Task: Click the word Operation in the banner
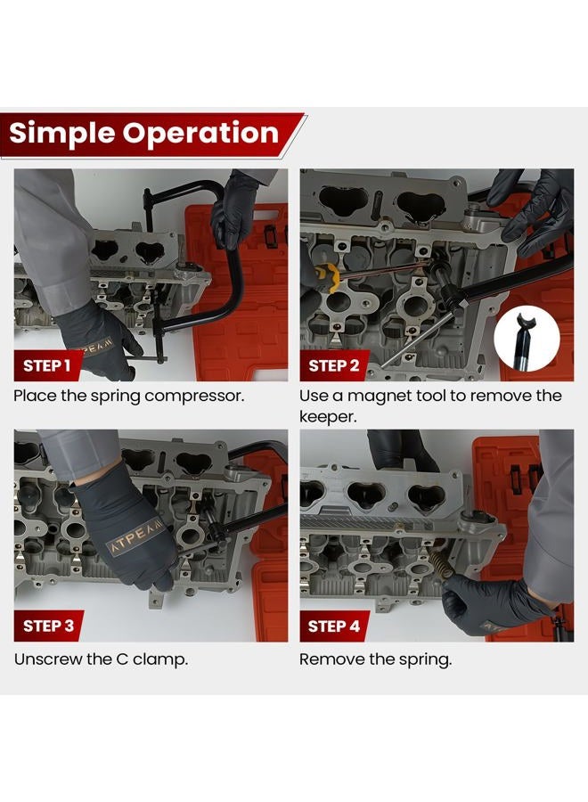pyautogui.click(x=200, y=133)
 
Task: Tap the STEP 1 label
pyautogui.click(x=46, y=365)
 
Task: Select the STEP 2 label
pyautogui.click(x=334, y=365)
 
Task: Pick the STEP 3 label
pyautogui.click(x=49, y=626)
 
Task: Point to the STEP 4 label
pyautogui.click(x=334, y=626)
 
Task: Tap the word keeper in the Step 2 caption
pyautogui.click(x=328, y=417)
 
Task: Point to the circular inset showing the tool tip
pyautogui.click(x=527, y=339)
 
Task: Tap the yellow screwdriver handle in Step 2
pyautogui.click(x=329, y=277)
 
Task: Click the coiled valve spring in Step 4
pyautogui.click(x=441, y=564)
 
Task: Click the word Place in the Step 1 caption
pyautogui.click(x=34, y=396)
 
